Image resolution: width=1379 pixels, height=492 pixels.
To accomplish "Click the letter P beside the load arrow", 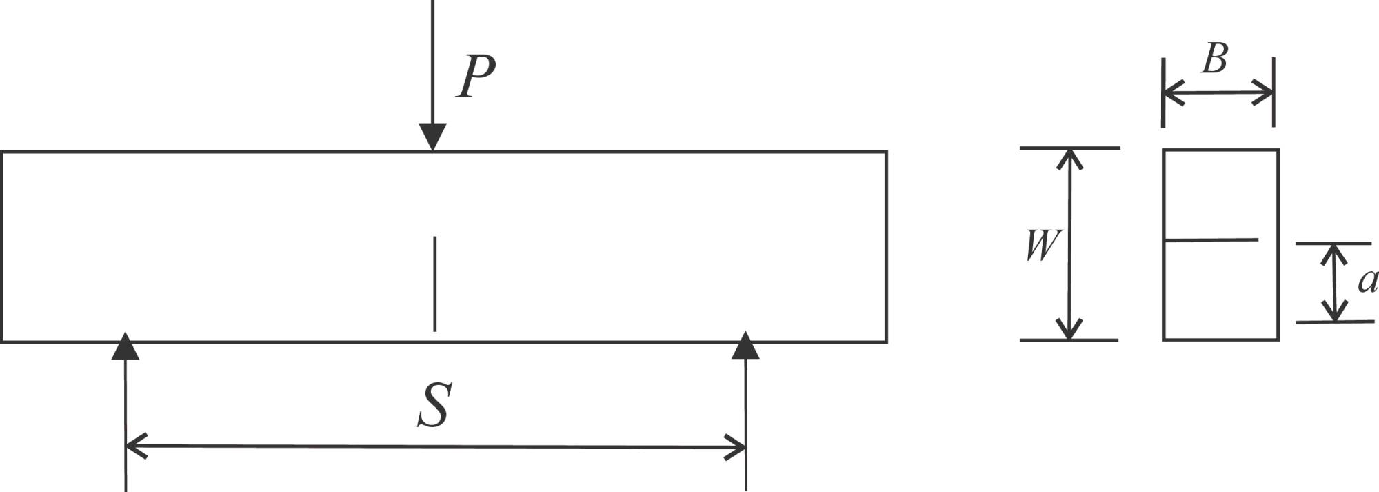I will [476, 77].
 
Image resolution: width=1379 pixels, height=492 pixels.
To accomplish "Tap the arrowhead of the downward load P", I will [432, 137].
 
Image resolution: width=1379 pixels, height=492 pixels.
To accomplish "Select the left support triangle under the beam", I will [125, 346].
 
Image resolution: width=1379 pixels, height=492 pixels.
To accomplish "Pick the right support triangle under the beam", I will [745, 346].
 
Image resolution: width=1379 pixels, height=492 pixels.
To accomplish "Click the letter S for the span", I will [435, 406].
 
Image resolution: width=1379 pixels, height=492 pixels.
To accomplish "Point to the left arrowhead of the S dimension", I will [135, 446].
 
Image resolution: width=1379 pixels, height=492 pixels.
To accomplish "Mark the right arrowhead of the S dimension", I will [736, 447].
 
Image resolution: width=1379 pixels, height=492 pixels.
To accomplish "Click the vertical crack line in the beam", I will [434, 283].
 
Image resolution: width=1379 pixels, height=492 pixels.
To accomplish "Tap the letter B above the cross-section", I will [1215, 58].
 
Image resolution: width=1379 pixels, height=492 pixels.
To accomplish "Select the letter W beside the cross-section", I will [1042, 245].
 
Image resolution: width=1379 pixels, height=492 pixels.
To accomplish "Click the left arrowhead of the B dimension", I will [1172, 92].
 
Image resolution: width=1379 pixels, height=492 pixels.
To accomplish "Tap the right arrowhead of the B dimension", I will [1264, 92].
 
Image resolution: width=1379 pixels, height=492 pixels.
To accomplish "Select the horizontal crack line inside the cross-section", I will [1211, 240].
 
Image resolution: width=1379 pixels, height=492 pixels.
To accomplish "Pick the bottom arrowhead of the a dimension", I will [1335, 313].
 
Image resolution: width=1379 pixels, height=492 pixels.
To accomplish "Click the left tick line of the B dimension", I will [1163, 92].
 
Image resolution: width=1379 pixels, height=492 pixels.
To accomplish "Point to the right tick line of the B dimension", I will [1273, 92].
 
